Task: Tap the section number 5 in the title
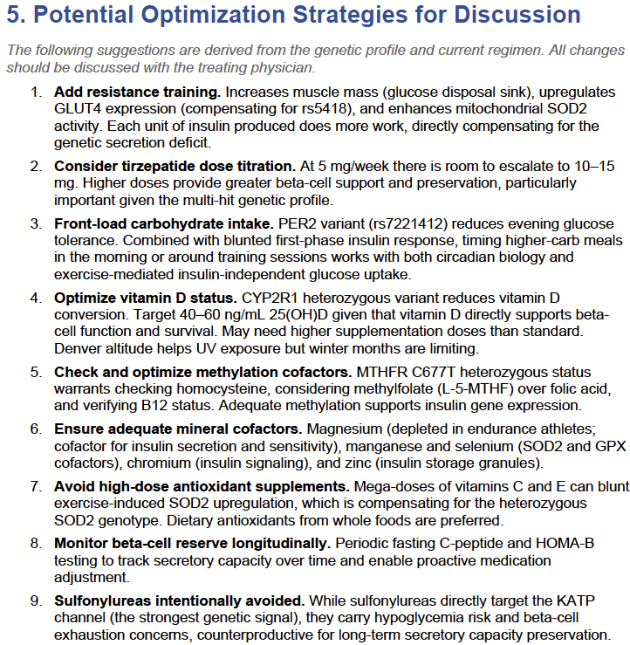click(15, 16)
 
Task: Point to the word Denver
click(79, 349)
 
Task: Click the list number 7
click(35, 486)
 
